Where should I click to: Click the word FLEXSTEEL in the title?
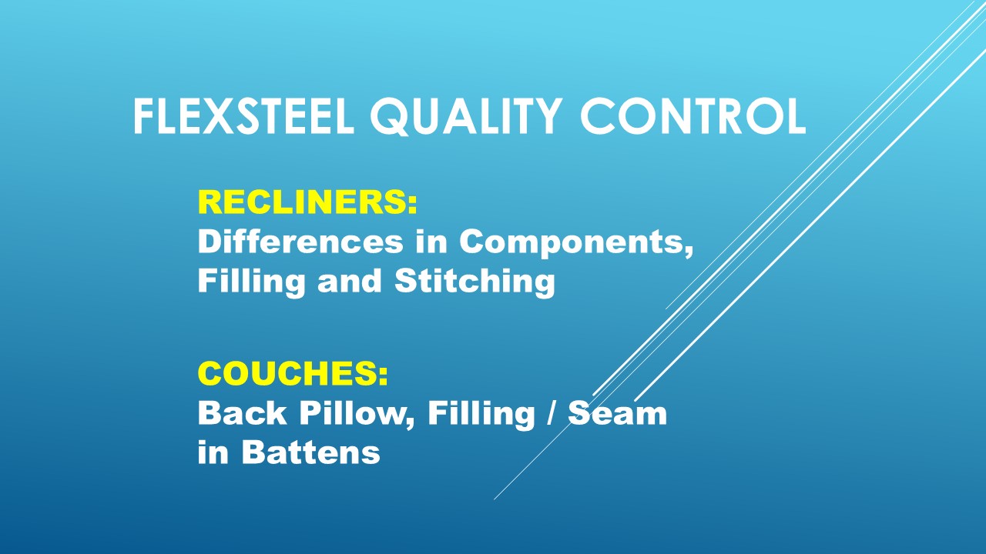(x=243, y=116)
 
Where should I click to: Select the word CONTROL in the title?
(x=693, y=116)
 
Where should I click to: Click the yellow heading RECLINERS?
(x=307, y=202)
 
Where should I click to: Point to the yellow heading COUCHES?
(x=293, y=373)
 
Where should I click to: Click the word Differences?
(x=300, y=242)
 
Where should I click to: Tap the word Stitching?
(x=475, y=282)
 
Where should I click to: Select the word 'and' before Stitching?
(x=349, y=281)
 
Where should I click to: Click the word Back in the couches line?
(x=242, y=413)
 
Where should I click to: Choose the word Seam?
(x=617, y=413)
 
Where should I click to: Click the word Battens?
(x=310, y=452)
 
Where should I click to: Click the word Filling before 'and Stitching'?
(x=251, y=282)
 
